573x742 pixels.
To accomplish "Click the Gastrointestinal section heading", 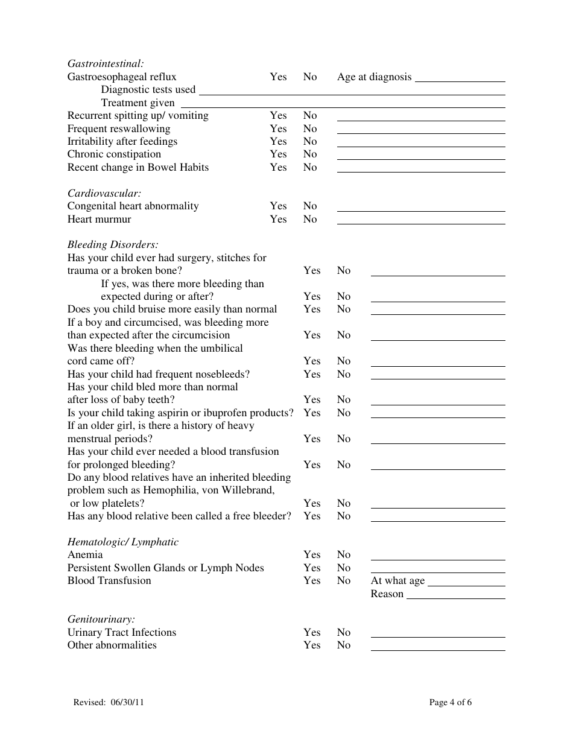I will click(x=106, y=63).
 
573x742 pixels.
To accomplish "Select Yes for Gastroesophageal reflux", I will click(x=278, y=77).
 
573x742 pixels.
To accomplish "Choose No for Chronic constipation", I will click(x=310, y=154).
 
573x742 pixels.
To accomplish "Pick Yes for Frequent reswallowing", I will click(x=278, y=128).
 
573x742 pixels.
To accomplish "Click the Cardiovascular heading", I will click(x=104, y=193).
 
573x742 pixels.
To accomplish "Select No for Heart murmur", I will click(x=310, y=219).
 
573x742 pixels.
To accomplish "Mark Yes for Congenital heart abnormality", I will click(x=278, y=206).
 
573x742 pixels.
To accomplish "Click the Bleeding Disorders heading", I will click(x=113, y=245).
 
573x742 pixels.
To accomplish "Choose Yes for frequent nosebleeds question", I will click(x=312, y=374).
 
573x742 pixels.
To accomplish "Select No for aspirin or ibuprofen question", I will click(x=343, y=413).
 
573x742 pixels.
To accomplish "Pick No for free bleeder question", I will click(x=343, y=516).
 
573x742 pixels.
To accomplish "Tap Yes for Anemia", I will click(x=312, y=554).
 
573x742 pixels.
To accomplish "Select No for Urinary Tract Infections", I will click(x=343, y=632).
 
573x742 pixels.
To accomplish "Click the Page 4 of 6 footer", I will click(x=450, y=702).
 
